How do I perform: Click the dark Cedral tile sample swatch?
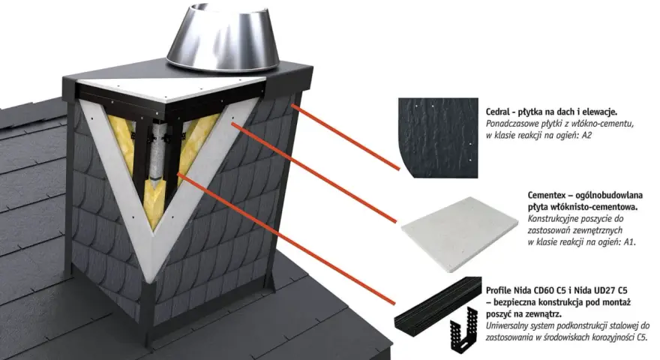coord(438,138)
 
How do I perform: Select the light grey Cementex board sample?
coord(460,234)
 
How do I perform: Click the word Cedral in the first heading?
coord(498,112)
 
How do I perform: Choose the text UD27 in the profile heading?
coord(599,290)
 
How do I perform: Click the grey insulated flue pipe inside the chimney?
coord(157,156)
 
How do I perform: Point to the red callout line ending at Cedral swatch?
coord(345,137)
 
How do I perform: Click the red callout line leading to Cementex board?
coord(314,172)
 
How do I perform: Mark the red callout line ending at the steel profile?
coord(286,238)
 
